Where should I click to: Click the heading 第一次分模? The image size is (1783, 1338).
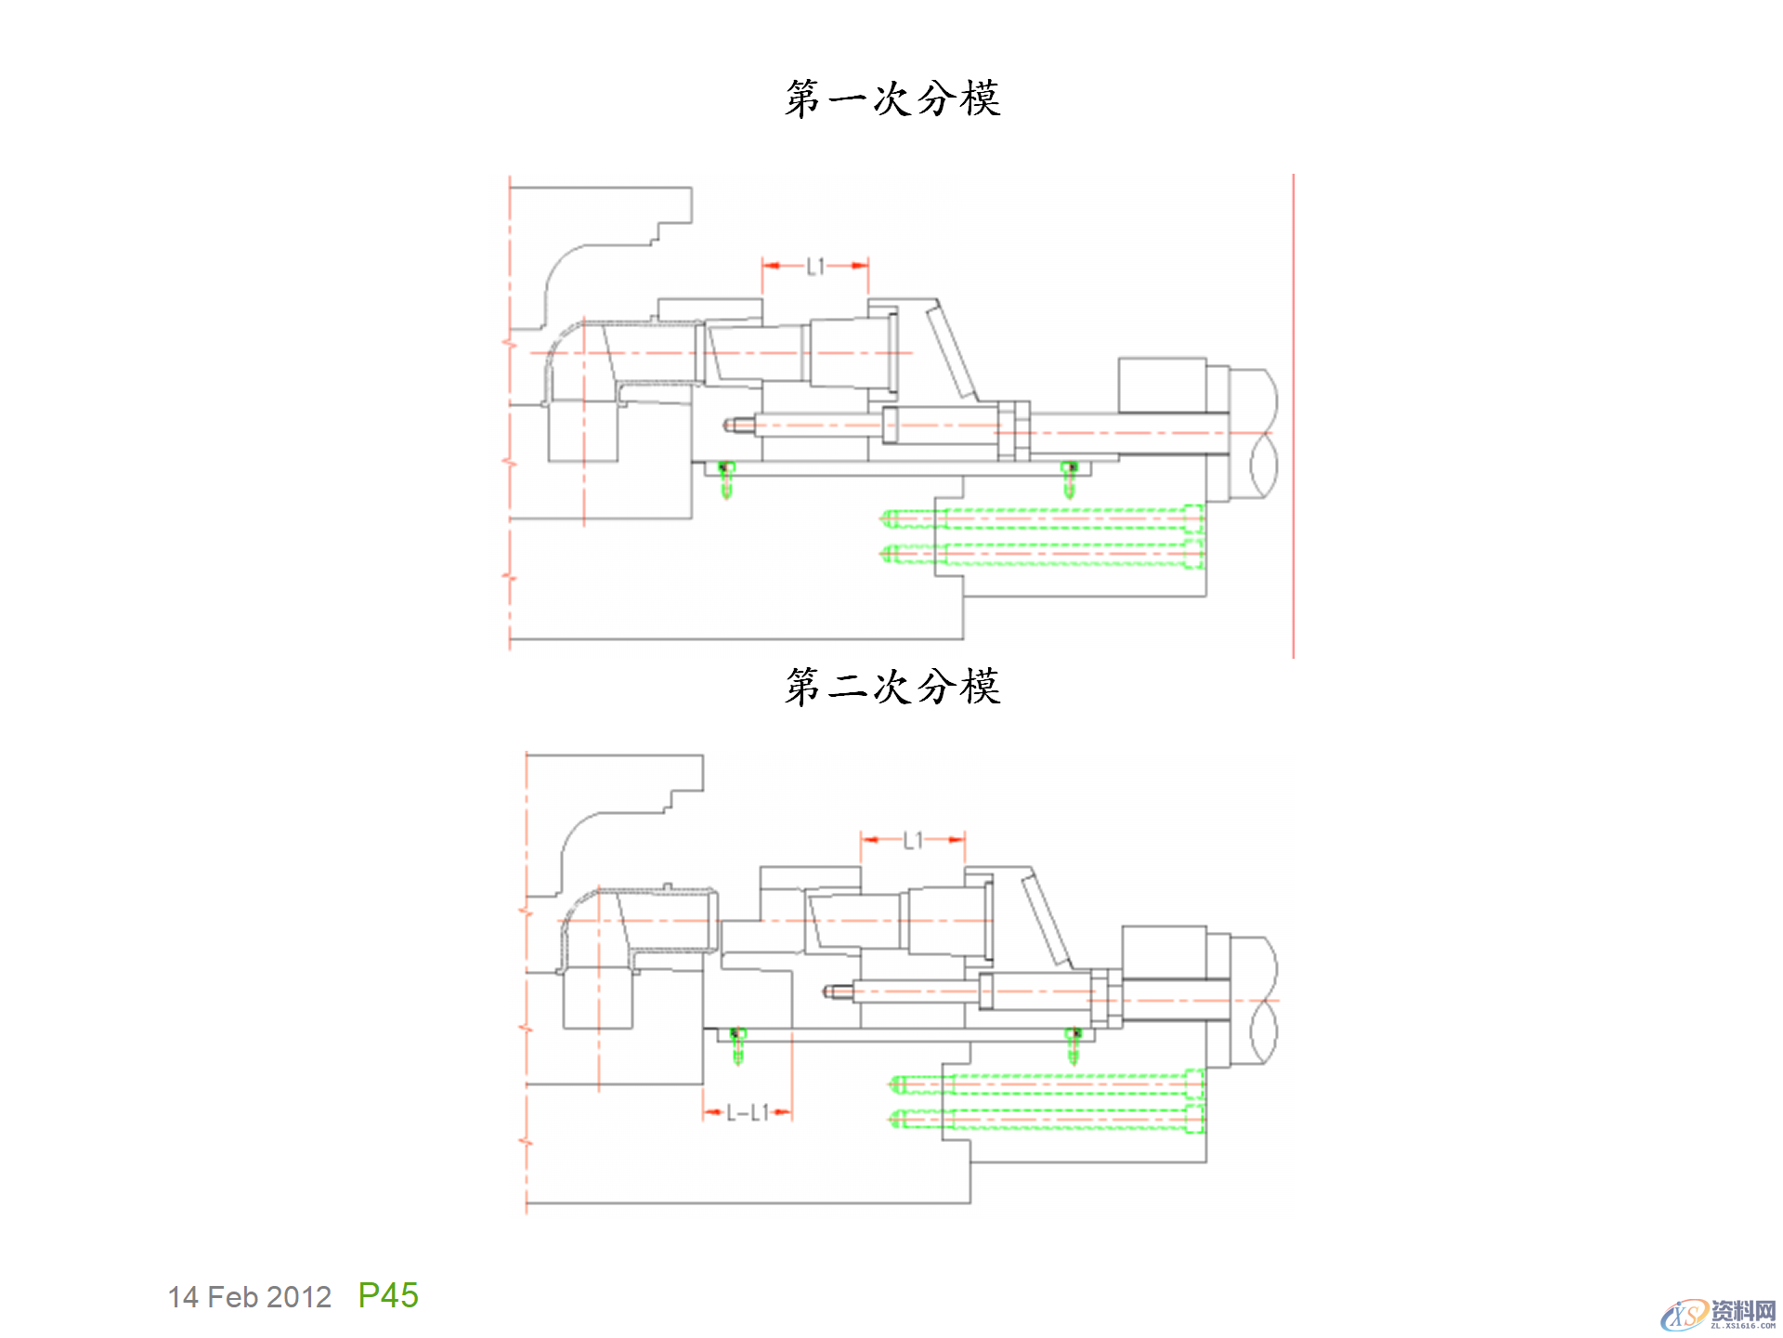point(892,98)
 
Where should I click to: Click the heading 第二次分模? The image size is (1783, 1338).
point(892,687)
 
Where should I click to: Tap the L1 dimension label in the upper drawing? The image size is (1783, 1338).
point(815,268)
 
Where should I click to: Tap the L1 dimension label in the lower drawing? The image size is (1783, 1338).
point(914,841)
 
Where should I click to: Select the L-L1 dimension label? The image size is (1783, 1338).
point(748,1112)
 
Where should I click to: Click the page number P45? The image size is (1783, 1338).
point(388,1295)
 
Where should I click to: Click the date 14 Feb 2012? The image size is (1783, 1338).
point(249,1297)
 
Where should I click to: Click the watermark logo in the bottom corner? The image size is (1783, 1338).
point(1717,1314)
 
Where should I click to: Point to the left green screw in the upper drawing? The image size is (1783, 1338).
point(726,479)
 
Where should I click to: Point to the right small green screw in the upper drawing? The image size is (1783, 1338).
point(1069,479)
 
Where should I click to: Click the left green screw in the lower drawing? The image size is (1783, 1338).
point(738,1046)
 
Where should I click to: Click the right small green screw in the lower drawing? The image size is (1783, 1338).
point(1074,1046)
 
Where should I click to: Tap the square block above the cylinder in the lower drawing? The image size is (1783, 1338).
point(1164,951)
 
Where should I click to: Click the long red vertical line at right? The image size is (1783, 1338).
point(1293,418)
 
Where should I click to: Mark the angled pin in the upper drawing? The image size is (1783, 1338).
point(953,354)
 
